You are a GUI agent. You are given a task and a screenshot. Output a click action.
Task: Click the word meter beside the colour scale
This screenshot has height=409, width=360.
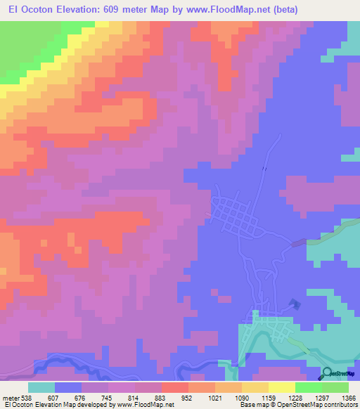pyautogui.click(x=11, y=398)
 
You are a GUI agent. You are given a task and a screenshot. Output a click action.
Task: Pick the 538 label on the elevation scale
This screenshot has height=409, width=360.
pyautogui.click(x=27, y=398)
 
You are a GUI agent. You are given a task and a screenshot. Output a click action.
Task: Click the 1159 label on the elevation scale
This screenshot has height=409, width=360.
pyautogui.click(x=267, y=398)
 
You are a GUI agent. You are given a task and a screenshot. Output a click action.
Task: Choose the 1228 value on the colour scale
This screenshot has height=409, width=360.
pyautogui.click(x=295, y=398)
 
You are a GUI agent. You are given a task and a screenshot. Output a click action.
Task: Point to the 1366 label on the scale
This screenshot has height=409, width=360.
pyautogui.click(x=348, y=398)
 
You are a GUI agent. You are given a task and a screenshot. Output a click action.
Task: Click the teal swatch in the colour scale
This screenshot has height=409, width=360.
pyautogui.click(x=41, y=387)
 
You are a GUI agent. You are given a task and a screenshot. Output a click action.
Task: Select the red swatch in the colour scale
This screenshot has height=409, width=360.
pyautogui.click(x=175, y=387)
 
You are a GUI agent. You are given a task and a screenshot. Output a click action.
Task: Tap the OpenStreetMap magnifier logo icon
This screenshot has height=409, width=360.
pyautogui.click(x=328, y=373)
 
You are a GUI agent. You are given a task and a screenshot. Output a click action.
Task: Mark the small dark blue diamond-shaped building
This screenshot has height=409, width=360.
pyautogui.click(x=293, y=304)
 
